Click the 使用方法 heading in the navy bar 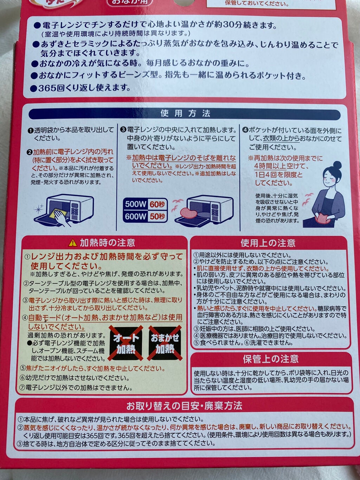185,113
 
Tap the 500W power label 136,204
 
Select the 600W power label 136,216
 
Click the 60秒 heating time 157,204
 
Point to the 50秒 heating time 157,216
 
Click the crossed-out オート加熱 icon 126,343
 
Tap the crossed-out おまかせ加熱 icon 165,343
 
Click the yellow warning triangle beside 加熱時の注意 72,243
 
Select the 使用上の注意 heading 268,243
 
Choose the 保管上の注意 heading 271,359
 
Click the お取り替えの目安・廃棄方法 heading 184,406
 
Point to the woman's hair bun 337,165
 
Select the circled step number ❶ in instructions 30,130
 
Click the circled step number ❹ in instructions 245,130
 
